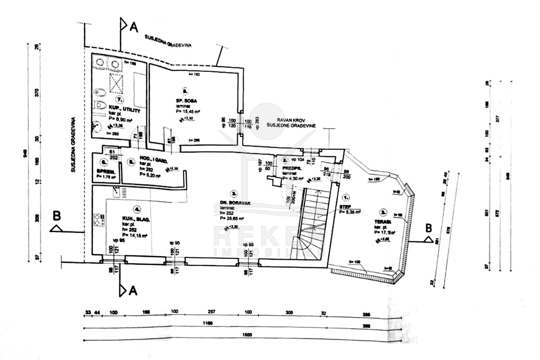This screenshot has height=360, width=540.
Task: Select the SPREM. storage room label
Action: tap(106, 171)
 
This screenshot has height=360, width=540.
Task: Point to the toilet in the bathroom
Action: tap(99, 105)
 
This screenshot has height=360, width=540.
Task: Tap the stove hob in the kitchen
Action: tap(99, 220)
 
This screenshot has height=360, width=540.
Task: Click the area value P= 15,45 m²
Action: tap(188, 110)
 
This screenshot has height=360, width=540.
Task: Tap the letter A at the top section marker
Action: tap(133, 28)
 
